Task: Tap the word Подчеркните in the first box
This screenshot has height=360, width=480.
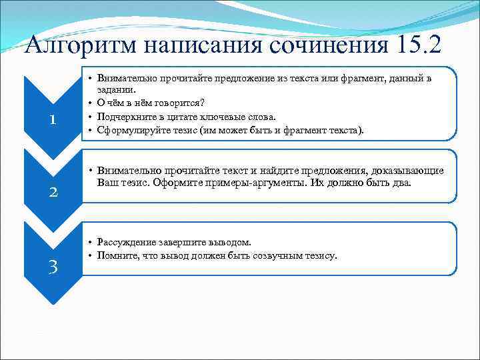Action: click(125, 116)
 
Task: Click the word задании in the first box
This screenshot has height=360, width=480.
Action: click(116, 89)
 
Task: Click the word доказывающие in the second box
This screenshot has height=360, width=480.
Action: click(413, 171)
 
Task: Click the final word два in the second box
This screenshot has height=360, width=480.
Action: click(400, 183)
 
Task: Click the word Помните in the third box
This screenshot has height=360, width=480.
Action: click(115, 256)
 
